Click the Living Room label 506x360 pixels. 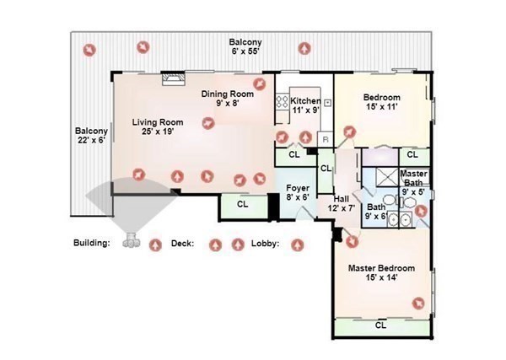point(158,126)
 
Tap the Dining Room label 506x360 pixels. point(228,99)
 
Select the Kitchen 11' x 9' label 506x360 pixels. point(305,105)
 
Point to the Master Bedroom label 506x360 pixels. point(381,272)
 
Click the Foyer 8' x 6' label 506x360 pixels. point(298,192)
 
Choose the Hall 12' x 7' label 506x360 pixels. point(342,203)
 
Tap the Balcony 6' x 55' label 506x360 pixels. point(245,46)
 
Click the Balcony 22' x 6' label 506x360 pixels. point(91,136)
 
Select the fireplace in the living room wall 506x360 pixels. point(174,78)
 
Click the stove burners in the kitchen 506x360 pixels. point(282,102)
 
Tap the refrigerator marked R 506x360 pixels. point(326,140)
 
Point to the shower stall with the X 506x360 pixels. point(388,177)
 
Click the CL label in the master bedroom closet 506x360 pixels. point(381,325)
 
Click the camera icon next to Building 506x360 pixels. point(132,240)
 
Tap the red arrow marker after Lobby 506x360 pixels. point(297,245)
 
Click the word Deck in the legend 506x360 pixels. point(183,243)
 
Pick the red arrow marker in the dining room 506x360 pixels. point(259,83)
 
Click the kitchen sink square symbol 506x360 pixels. point(327,103)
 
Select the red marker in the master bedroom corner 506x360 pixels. point(418,304)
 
